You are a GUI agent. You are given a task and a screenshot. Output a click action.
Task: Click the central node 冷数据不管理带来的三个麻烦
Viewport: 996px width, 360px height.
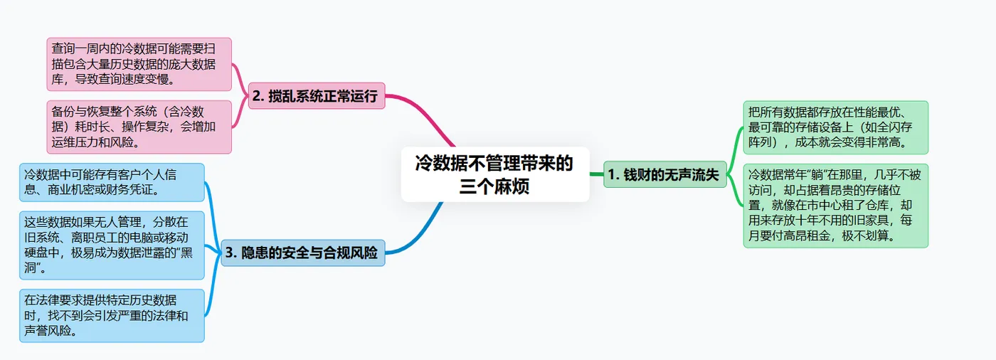(x=495, y=174)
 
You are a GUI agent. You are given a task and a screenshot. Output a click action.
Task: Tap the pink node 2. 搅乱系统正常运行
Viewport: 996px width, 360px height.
(x=316, y=96)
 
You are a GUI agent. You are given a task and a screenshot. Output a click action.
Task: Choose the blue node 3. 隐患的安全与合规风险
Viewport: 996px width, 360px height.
(x=302, y=253)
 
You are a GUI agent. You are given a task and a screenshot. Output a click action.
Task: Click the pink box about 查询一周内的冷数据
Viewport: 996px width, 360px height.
(x=139, y=64)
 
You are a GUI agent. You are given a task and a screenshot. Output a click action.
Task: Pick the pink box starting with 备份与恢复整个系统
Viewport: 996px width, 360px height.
(x=139, y=127)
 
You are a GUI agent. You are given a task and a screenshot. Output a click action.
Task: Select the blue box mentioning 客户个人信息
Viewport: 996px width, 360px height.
(x=112, y=181)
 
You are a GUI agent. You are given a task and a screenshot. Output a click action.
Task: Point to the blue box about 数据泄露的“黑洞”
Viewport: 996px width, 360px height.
(x=112, y=245)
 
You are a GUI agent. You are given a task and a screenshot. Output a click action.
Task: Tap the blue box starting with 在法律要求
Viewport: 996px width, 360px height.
(x=112, y=315)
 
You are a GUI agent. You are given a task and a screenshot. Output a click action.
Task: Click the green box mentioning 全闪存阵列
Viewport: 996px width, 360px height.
(x=835, y=127)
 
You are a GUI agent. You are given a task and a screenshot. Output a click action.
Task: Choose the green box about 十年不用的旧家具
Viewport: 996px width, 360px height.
(x=835, y=206)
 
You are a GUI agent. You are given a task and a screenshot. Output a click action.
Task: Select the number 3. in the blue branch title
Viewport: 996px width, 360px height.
(x=231, y=253)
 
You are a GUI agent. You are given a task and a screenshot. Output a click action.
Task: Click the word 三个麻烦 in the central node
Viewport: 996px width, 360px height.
(x=495, y=187)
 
